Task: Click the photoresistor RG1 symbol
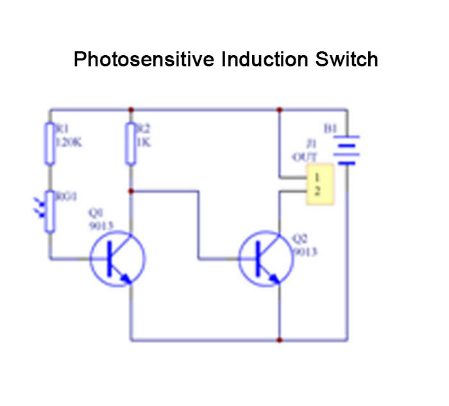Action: [x=49, y=211]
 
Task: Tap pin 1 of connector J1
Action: [x=319, y=176]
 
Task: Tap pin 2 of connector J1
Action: [x=319, y=191]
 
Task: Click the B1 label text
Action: [x=330, y=129]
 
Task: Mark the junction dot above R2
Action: [x=131, y=109]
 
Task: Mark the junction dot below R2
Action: [x=131, y=190]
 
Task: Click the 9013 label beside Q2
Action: [x=305, y=252]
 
